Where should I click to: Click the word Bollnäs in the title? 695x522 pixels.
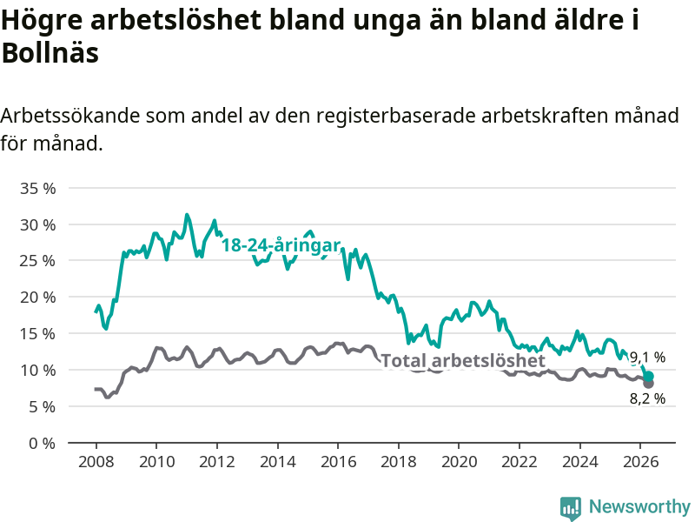coord(50,53)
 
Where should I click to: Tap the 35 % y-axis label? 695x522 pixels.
coord(37,188)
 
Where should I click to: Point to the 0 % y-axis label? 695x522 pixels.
coord(42,443)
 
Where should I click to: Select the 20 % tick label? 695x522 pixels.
coord(37,298)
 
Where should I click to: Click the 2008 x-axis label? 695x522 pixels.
coord(96,462)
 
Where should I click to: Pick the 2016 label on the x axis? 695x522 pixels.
coord(338,462)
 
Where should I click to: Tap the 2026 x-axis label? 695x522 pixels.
coord(640,462)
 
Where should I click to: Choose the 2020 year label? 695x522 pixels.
coord(460,462)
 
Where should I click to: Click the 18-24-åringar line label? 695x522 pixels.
coord(281,245)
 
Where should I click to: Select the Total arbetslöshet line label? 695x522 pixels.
coord(463,360)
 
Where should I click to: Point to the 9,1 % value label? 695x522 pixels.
coord(647,357)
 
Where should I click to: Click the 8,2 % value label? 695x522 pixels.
coord(647,398)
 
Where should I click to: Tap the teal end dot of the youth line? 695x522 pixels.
coord(648,377)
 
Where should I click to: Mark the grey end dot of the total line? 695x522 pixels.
coord(648,384)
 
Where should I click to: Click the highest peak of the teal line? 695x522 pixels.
coord(187,215)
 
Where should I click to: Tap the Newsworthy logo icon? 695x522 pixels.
coord(571,508)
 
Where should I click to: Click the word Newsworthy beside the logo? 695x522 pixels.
coord(639,506)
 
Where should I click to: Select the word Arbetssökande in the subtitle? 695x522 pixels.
coord(70,116)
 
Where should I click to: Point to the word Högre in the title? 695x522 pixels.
coord(42,20)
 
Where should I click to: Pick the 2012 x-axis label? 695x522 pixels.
coord(216,462)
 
